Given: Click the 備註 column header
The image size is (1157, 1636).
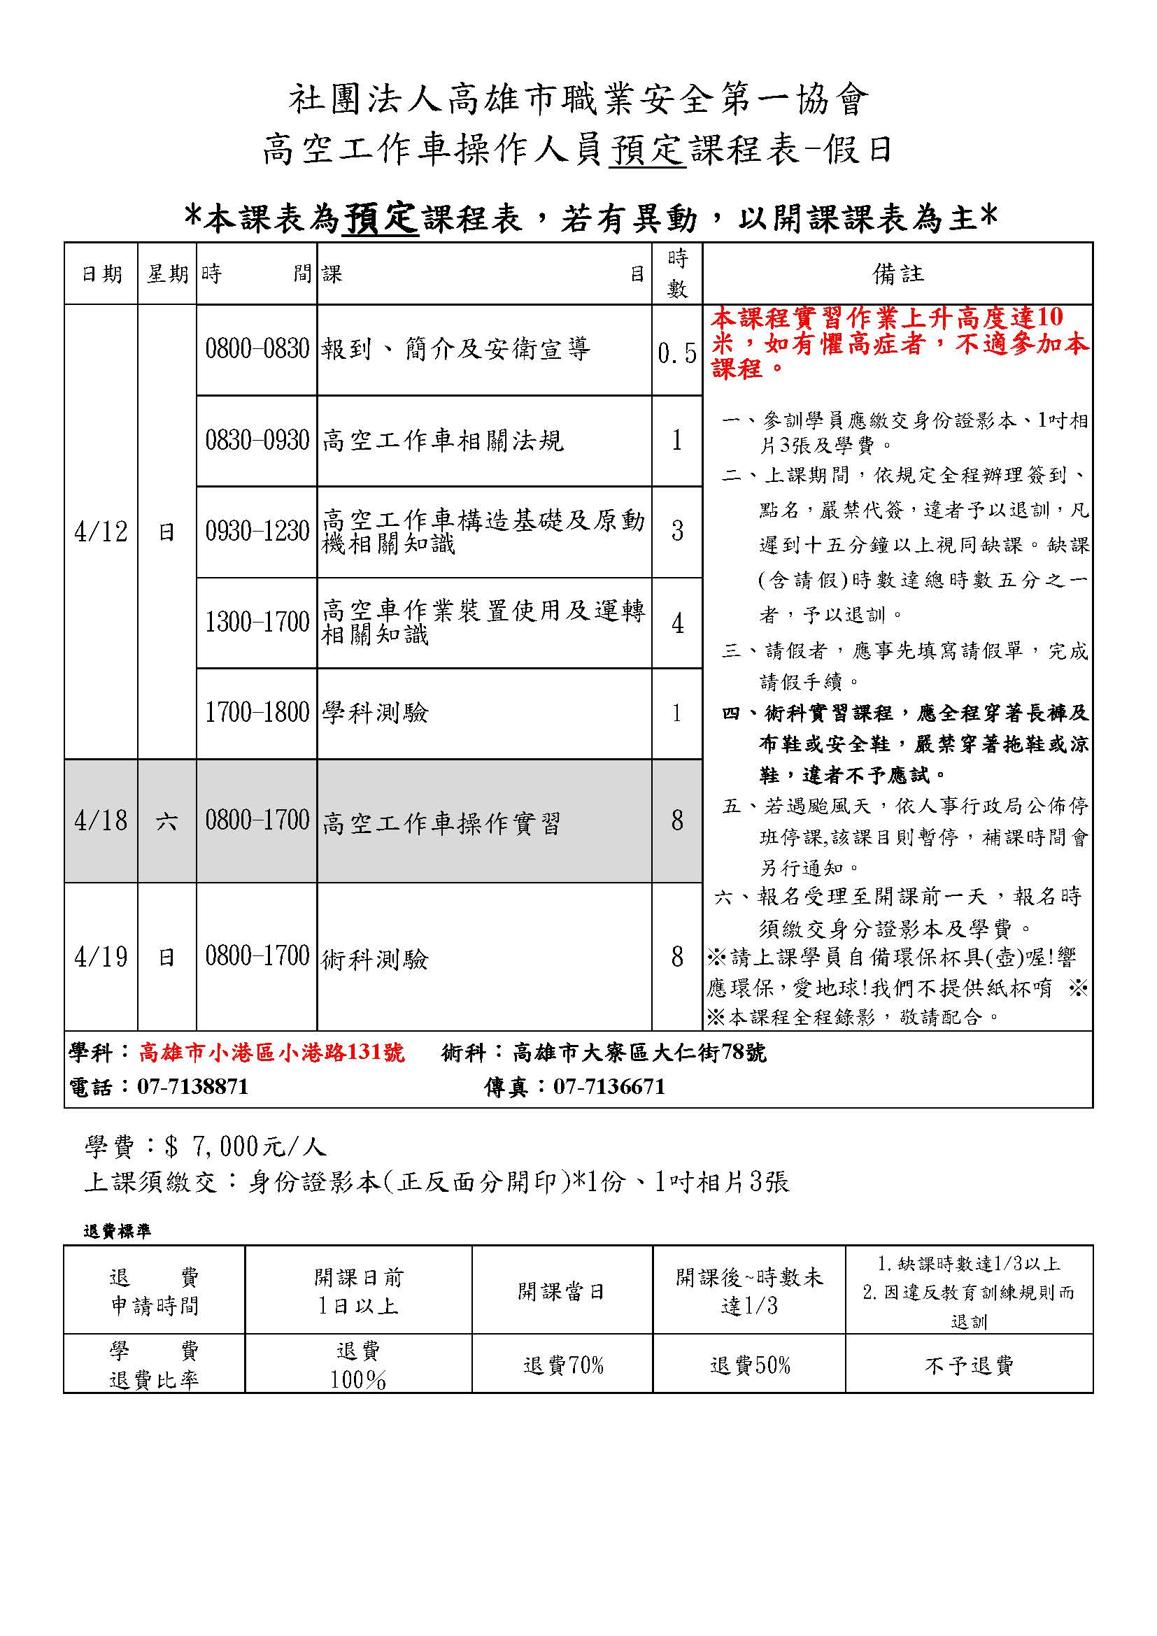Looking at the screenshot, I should coord(897,274).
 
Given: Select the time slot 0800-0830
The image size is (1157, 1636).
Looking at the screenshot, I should coord(257,349).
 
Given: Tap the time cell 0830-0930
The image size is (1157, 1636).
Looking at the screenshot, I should coord(257,441).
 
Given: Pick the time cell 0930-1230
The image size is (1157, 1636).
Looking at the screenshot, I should coord(257,532).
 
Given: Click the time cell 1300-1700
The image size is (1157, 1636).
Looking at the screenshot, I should coord(257,623).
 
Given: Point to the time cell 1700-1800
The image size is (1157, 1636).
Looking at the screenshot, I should coord(257,713).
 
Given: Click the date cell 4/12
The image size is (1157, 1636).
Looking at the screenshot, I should coord(101,532).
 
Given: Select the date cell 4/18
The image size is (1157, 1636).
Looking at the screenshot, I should coord(101,821).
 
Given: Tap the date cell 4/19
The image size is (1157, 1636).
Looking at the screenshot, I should coord(101,957).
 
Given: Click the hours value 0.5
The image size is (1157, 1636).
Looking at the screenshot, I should coord(677,353).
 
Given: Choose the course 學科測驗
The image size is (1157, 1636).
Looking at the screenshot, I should coord(376,713).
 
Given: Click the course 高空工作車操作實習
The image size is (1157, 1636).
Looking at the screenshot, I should coord(441,824).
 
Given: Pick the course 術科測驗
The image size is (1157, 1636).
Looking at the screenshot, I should coord(376,960).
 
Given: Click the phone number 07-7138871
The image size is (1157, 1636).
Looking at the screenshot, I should coord(193,1087).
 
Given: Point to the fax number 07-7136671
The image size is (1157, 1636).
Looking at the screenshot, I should coord(609,1087).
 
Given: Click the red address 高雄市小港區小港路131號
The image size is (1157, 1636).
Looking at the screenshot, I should coord(271,1053).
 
